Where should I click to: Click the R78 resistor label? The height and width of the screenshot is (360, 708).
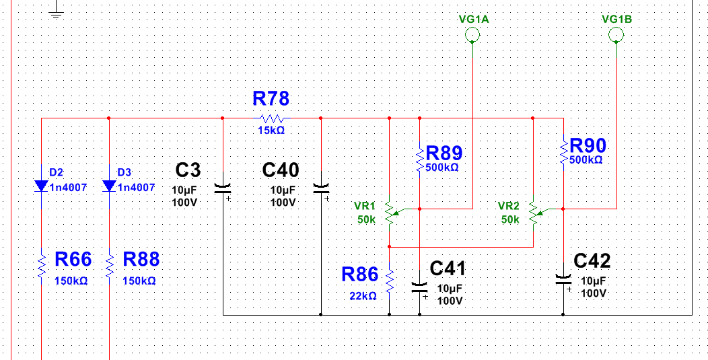(x=271, y=99)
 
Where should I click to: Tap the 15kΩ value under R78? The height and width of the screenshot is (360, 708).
(x=271, y=130)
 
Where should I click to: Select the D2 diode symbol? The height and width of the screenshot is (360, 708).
(x=42, y=186)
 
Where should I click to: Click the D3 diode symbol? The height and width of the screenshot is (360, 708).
(x=109, y=186)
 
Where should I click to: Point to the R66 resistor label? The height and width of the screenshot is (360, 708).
(x=73, y=260)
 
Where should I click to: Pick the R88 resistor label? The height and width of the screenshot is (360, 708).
(x=141, y=260)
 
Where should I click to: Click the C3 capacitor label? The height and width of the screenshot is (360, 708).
(x=188, y=170)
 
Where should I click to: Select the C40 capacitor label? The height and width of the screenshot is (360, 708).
(x=281, y=170)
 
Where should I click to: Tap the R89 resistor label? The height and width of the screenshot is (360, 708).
(x=444, y=152)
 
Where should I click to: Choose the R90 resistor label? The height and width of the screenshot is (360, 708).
(x=588, y=145)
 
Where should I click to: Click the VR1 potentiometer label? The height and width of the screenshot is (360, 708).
(x=365, y=206)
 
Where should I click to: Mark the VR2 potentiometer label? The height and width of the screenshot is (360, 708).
(x=509, y=206)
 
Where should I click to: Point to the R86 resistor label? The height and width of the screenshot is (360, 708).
(x=360, y=274)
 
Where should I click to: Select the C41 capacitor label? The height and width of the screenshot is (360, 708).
(x=448, y=269)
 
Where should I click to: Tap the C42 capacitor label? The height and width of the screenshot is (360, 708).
(x=592, y=261)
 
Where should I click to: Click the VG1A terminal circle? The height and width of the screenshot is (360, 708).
(x=473, y=36)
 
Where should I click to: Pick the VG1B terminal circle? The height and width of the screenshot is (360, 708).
(x=616, y=36)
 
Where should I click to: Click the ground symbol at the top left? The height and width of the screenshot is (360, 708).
(x=56, y=11)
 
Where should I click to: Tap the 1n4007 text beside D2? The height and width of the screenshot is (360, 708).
(x=68, y=187)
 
